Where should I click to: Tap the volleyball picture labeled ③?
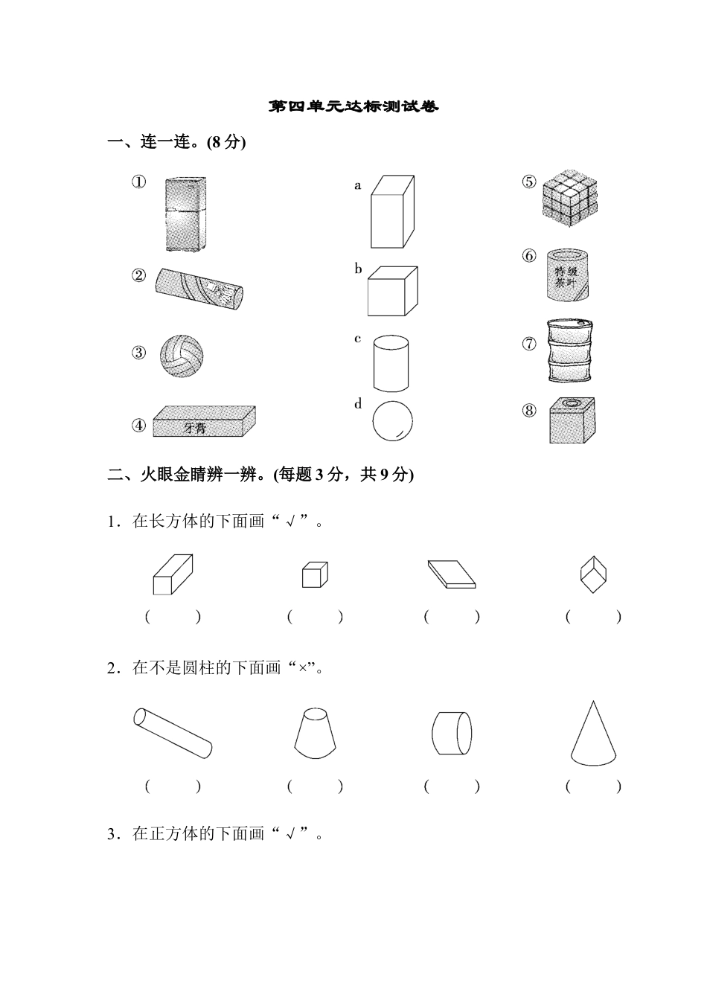tap(181, 355)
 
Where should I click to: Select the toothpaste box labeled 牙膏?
tap(203, 422)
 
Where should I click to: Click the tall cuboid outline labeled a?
tap(391, 211)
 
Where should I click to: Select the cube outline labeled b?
tap(391, 291)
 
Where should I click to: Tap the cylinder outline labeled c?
tap(391, 363)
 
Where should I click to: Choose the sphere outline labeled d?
tap(392, 422)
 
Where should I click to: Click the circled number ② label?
tap(139, 275)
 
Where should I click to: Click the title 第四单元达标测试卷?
tap(353, 107)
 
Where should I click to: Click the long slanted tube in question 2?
tap(173, 733)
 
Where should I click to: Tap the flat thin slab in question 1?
tap(451, 574)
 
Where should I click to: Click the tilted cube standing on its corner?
tap(593, 574)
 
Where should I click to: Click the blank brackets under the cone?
tap(593, 786)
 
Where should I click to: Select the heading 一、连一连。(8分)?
tap(177, 142)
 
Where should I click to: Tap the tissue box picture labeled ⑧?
tap(572, 420)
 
